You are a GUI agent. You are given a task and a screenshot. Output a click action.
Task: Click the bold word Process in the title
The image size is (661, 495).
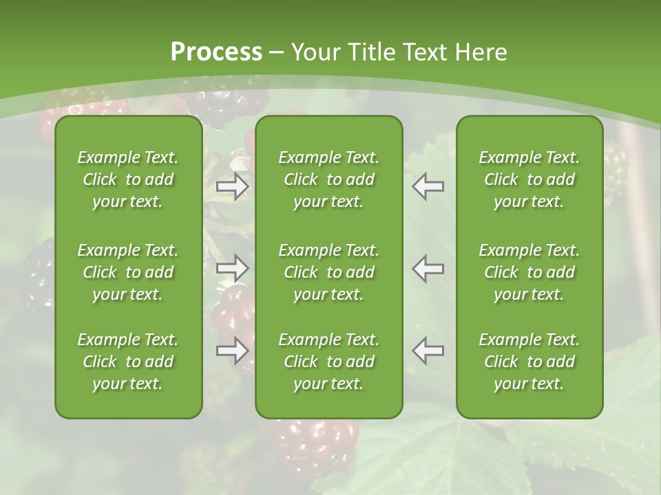click(x=216, y=52)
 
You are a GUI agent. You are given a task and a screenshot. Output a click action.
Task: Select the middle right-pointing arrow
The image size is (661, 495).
click(x=232, y=267)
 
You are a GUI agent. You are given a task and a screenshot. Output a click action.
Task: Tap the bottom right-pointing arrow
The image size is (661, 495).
click(x=232, y=351)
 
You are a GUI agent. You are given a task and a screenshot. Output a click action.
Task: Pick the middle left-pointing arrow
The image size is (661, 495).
click(x=428, y=267)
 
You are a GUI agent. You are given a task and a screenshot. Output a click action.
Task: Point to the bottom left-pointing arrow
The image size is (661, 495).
click(x=428, y=351)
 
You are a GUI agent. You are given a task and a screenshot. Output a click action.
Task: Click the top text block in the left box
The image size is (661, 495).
click(x=128, y=179)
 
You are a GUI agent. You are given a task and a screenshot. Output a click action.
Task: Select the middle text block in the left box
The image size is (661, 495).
click(x=128, y=272)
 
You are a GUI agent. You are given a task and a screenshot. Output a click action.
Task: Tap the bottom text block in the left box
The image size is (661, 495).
click(x=128, y=362)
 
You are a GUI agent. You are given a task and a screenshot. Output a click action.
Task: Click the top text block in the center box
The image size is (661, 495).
click(x=328, y=179)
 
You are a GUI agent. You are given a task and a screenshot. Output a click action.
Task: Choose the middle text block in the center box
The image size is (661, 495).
click(x=328, y=272)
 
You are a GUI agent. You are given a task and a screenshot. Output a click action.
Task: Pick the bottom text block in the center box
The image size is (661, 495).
click(x=328, y=362)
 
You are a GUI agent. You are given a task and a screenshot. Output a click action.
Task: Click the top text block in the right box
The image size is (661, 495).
click(x=529, y=179)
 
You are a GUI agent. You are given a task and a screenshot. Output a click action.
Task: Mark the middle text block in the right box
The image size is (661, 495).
click(x=529, y=272)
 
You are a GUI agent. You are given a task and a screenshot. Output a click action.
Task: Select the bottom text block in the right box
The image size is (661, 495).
click(x=529, y=362)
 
